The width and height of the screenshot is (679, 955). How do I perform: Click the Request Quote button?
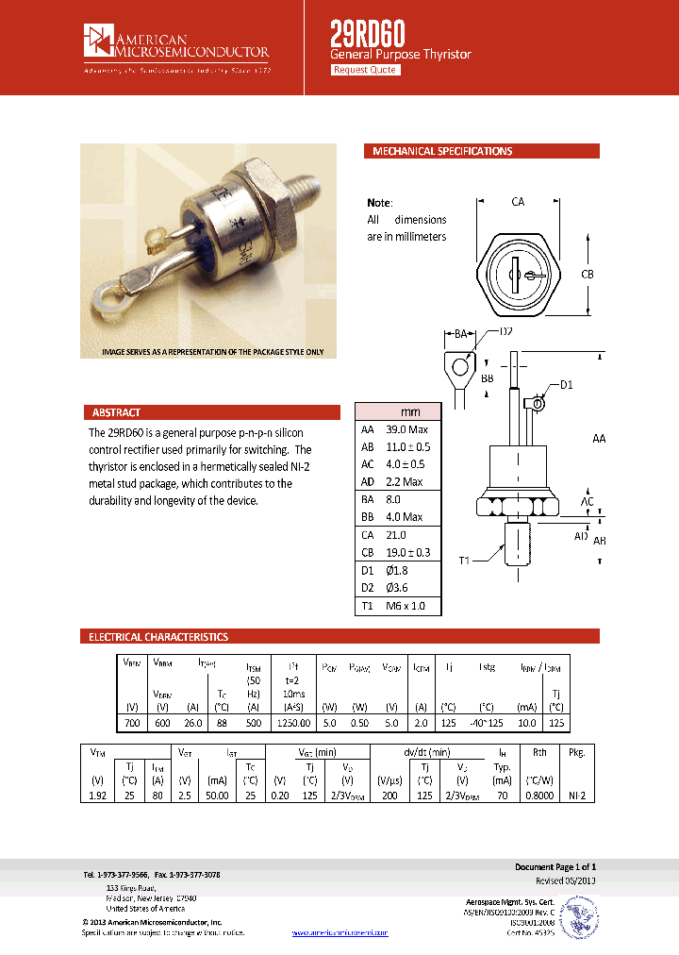pyautogui.click(x=365, y=70)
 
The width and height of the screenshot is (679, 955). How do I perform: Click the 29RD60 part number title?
pyautogui.click(x=367, y=34)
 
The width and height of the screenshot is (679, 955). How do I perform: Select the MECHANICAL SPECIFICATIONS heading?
pyautogui.click(x=442, y=151)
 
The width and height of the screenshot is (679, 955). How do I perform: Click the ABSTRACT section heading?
pyautogui.click(x=116, y=412)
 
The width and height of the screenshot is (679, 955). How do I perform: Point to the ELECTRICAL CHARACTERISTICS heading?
pyautogui.click(x=157, y=637)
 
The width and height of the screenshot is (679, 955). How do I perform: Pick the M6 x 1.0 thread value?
pyautogui.click(x=406, y=606)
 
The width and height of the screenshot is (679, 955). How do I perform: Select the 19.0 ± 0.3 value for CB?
pyautogui.click(x=408, y=553)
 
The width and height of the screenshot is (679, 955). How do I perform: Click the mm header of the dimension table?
pyautogui.click(x=410, y=411)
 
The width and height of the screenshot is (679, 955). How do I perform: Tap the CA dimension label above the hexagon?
pyautogui.click(x=518, y=201)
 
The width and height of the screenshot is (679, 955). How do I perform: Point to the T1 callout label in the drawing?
pyautogui.click(x=464, y=561)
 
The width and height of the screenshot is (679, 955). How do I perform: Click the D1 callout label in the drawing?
pyautogui.click(x=567, y=384)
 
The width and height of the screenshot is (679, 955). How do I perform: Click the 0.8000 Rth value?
pyautogui.click(x=539, y=796)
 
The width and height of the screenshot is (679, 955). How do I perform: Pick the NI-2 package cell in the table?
pyautogui.click(x=577, y=796)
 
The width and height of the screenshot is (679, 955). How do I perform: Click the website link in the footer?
pyautogui.click(x=339, y=932)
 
